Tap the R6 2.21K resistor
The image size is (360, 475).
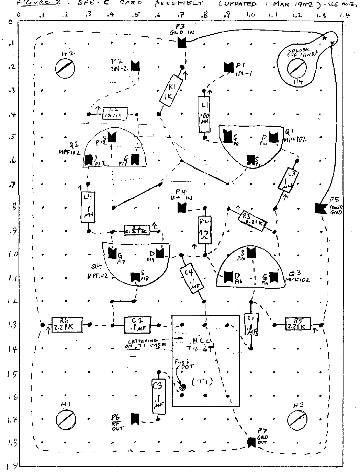pos(67,325)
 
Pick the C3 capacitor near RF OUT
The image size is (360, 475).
pos(158,395)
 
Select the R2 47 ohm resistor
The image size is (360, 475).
pos(205,231)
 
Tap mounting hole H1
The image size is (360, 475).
pos(65,419)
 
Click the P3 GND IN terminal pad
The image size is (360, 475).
pos(182,43)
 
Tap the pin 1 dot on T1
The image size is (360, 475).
pos(182,387)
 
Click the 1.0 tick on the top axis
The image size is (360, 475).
pos(250,15)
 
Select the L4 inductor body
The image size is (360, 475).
pos(88,207)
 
